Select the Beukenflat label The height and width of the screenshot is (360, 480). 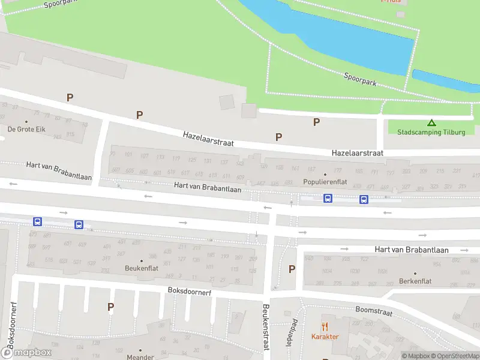coord(142,268)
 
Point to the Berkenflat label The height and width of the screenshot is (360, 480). coord(415,281)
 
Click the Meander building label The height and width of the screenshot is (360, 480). coord(140,357)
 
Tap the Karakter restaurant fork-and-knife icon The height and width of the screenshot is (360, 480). coord(325,326)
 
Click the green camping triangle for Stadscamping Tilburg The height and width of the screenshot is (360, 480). coord(431,122)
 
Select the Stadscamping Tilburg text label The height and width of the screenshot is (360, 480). coord(431,132)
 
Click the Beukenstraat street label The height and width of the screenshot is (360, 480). coord(265,328)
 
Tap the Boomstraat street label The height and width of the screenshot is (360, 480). coord(373,312)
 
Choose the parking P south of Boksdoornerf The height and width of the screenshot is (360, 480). coord(110,307)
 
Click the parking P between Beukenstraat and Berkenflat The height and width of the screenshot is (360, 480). coord(292,269)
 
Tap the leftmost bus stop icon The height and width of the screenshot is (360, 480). coord(37,221)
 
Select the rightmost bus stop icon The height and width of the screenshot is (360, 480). coord(364,199)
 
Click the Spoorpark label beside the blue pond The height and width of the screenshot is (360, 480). coord(360,79)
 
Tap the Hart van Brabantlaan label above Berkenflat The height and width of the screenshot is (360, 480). coord(412,250)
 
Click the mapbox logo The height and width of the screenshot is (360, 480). coord(26,353)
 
